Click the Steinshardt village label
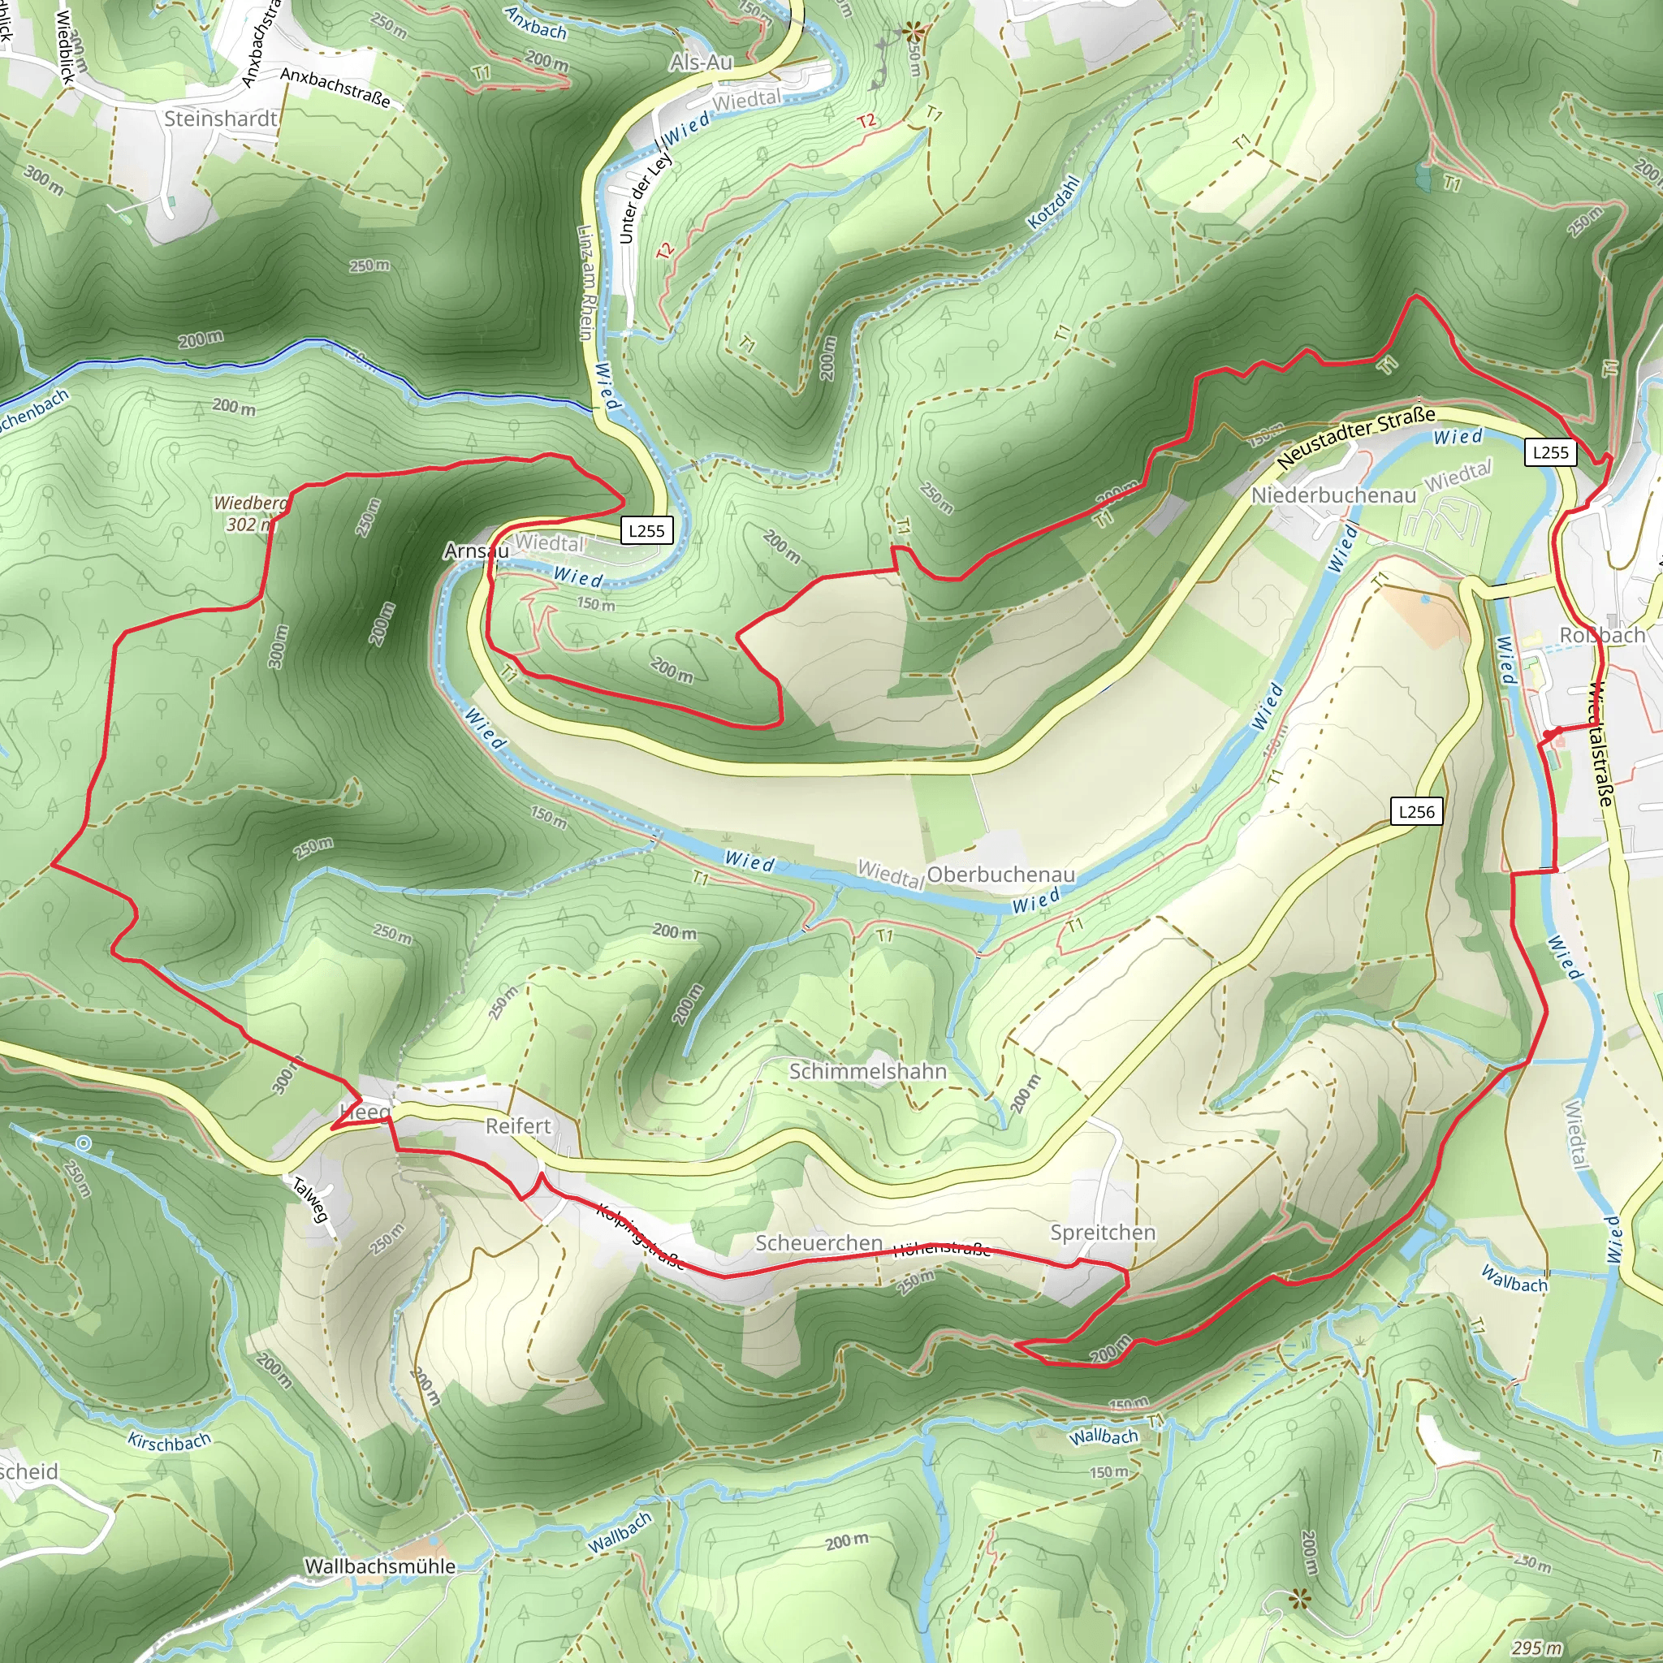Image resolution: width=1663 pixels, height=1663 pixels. click(x=220, y=119)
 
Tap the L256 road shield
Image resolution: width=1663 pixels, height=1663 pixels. click(x=1416, y=811)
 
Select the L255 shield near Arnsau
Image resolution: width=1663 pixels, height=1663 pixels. click(x=646, y=530)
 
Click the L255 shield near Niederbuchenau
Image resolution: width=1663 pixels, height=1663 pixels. click(x=1550, y=452)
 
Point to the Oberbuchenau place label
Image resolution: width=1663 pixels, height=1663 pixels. click(x=1000, y=875)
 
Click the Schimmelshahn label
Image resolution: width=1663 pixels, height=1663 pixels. click(x=868, y=1071)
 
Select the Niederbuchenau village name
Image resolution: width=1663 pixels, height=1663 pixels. click(x=1333, y=495)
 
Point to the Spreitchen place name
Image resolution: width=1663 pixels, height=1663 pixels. click(x=1103, y=1232)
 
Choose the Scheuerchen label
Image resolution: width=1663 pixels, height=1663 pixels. click(x=819, y=1243)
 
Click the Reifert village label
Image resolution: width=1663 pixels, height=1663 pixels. click(x=518, y=1126)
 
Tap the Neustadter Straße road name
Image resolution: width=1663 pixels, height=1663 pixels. click(x=1355, y=438)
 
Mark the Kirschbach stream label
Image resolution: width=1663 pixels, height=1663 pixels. click(x=170, y=1441)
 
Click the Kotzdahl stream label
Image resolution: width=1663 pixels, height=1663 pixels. click(x=1052, y=203)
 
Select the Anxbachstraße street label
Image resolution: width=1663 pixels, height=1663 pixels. click(x=335, y=88)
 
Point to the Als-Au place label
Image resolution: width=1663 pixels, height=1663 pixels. click(x=701, y=62)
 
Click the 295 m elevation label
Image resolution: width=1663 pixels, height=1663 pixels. click(x=1536, y=1648)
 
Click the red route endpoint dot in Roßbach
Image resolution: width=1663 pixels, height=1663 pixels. click(x=1548, y=734)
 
